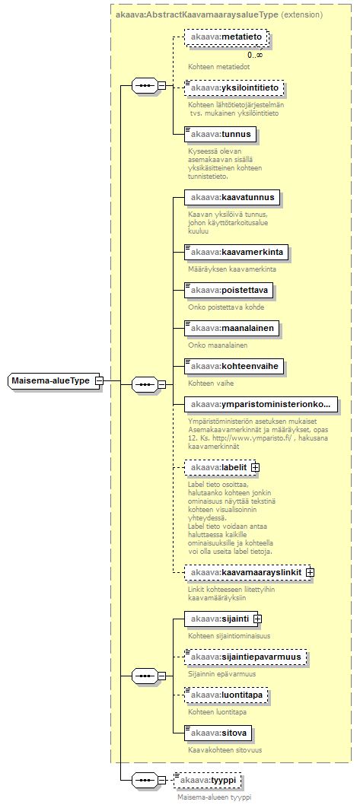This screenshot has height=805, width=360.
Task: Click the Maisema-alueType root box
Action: coord(54,381)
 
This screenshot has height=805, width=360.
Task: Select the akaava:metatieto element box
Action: coord(226,37)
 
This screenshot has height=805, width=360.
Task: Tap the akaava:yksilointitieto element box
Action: coord(234,88)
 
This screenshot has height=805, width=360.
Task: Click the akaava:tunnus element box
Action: coord(220,135)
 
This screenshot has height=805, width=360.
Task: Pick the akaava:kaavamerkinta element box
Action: coord(236,253)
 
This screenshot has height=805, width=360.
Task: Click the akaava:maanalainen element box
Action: coord(231,329)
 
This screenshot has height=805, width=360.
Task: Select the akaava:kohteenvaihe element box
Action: coord(234,367)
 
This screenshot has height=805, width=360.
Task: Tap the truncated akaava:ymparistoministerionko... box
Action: coord(262,405)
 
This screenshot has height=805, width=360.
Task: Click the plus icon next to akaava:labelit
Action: coord(255,468)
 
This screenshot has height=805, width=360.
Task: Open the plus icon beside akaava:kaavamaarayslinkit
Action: coord(310,571)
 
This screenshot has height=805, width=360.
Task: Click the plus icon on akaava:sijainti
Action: coord(257,619)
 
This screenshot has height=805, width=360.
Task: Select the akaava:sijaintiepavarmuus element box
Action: coord(245,657)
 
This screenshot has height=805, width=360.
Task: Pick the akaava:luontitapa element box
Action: coord(225,695)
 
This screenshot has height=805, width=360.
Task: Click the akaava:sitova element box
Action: coord(218,733)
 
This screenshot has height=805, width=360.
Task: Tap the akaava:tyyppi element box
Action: coord(208,781)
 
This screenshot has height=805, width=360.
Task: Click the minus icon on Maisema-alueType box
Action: coord(99,381)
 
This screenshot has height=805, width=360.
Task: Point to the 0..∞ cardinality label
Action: coord(255,55)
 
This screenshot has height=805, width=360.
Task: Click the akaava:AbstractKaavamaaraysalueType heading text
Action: coord(196,15)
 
